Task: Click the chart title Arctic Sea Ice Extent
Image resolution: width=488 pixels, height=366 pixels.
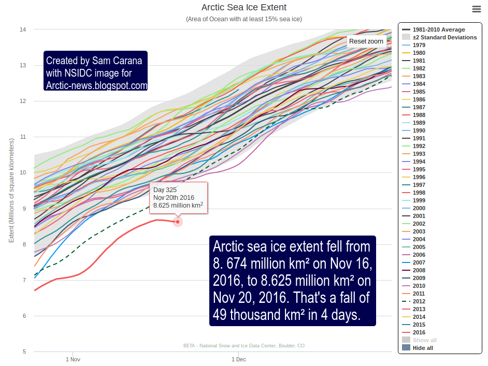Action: click(x=243, y=8)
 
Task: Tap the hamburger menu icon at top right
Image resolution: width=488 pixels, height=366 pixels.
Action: click(x=477, y=9)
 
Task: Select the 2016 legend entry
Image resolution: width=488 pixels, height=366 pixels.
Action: click(x=420, y=332)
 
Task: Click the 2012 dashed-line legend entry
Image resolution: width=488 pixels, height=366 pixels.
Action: click(x=420, y=301)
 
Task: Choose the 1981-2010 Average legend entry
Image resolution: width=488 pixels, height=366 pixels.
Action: click(x=439, y=30)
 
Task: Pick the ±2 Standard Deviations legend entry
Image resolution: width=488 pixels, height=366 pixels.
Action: click(x=444, y=37)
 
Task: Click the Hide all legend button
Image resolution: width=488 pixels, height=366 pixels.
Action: click(x=423, y=348)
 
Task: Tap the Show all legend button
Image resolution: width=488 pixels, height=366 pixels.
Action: click(x=424, y=340)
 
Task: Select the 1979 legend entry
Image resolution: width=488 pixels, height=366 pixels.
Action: click(x=420, y=45)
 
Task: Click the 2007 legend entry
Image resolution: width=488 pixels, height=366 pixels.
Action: click(x=420, y=262)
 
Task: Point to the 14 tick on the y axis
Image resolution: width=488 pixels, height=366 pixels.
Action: click(x=23, y=30)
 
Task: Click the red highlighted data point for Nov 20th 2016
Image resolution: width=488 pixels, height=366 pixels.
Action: click(x=178, y=222)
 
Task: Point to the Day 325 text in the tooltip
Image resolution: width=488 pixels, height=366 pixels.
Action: click(x=165, y=190)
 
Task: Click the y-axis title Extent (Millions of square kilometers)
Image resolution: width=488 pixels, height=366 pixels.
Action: click(x=11, y=191)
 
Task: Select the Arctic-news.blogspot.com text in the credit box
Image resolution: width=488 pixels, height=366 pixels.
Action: click(x=96, y=85)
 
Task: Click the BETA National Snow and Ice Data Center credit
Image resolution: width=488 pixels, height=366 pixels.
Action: click(x=243, y=346)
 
